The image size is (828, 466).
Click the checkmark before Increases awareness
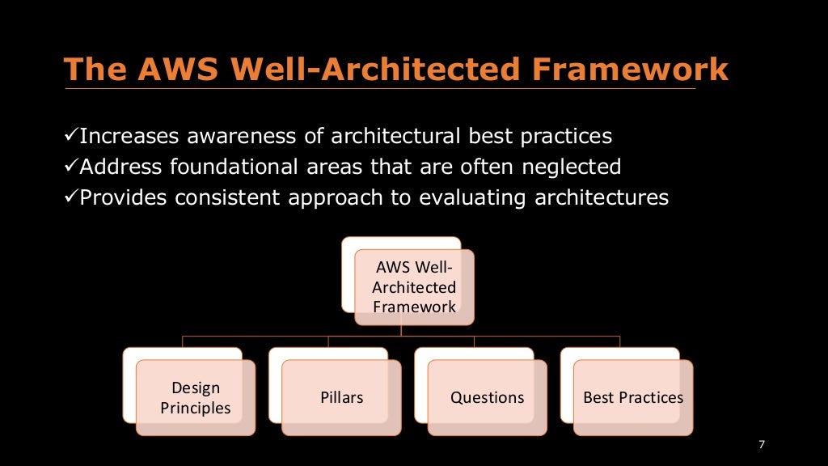70,135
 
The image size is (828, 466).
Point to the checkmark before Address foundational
70,167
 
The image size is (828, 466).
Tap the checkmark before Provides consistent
70,197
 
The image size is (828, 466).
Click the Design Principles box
195,397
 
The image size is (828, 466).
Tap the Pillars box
341,397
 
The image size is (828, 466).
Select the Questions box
487,397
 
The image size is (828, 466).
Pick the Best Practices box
632,397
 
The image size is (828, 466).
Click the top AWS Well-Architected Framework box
414,286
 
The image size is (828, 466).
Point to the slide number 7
761,445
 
